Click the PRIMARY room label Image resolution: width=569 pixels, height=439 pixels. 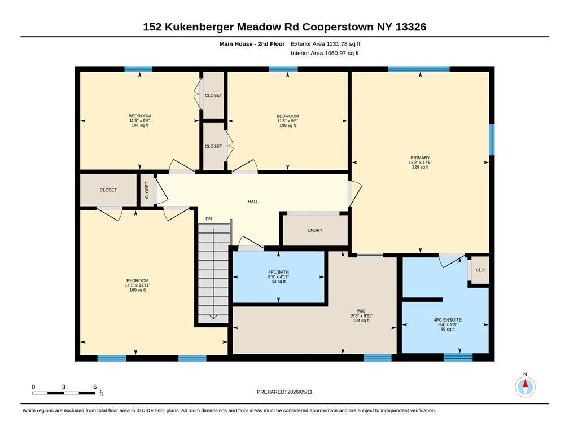click(420, 158)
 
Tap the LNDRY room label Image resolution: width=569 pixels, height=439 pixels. click(315, 230)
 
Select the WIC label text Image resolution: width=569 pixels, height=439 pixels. click(361, 311)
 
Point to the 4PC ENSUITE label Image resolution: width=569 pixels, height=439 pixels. click(448, 320)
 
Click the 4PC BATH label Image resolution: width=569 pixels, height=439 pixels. click(278, 272)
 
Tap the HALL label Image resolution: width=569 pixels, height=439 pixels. click(253, 201)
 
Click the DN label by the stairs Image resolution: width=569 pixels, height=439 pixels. click(209, 219)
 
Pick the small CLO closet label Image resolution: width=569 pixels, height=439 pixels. click(480, 270)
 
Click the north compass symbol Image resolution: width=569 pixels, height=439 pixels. click(525, 387)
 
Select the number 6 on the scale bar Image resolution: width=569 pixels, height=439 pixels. click(95, 387)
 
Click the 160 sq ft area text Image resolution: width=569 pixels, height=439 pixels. click(138, 290)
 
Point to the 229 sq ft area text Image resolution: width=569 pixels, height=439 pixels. click(420, 167)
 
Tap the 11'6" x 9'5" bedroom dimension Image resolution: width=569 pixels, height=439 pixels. click(288, 121)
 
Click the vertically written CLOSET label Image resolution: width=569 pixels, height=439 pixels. click(147, 190)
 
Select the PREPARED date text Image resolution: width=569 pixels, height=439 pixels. click(284, 392)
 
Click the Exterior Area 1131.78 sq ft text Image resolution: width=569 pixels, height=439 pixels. click(326, 44)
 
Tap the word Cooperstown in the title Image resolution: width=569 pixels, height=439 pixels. click(338, 27)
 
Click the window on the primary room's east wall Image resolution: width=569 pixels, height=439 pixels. click(492, 140)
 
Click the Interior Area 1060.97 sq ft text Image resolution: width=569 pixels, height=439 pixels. click(325, 54)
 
